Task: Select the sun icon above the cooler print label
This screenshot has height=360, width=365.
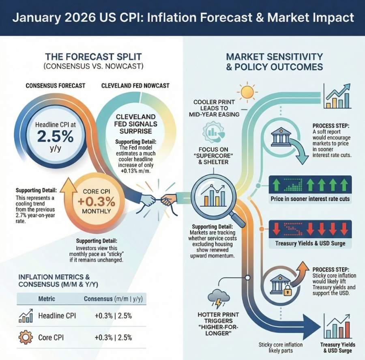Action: pos(246,92)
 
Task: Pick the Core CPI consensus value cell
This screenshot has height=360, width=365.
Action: pos(113,337)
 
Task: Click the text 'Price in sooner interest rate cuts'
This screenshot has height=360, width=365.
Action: pos(310,199)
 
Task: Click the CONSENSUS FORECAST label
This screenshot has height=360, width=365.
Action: pos(56,86)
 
